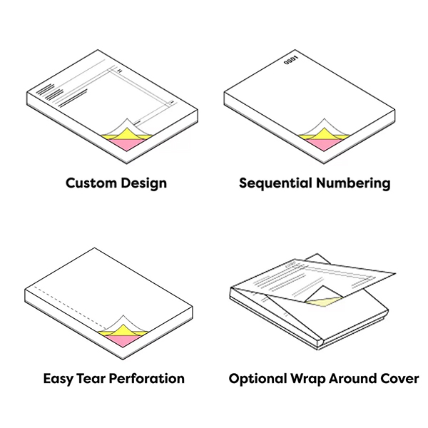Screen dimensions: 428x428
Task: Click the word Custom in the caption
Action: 91,183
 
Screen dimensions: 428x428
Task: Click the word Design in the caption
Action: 143,183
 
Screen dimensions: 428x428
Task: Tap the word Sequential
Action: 275,183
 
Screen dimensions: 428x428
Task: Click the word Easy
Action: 58,379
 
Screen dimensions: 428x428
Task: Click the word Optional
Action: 257,379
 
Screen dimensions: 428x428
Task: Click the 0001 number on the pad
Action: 291,61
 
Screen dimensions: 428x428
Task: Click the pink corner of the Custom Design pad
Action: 126,144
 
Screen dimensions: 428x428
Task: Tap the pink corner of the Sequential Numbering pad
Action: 324,144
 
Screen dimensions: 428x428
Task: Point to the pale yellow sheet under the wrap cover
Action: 325,301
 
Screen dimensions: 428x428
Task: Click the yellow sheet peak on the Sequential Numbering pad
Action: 324,134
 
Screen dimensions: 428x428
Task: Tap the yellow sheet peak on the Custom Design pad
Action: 126,134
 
